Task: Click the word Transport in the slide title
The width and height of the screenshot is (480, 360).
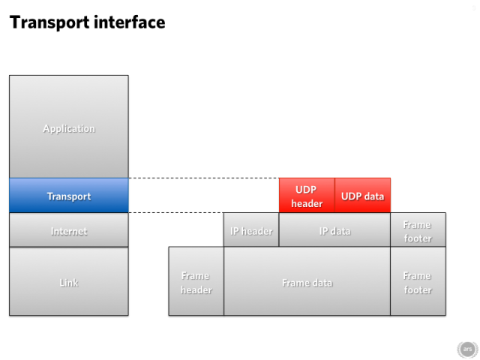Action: (x=49, y=22)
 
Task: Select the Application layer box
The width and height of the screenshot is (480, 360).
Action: (x=69, y=127)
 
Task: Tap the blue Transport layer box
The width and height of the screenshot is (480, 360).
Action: (x=69, y=195)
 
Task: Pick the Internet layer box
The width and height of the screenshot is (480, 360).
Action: (x=69, y=230)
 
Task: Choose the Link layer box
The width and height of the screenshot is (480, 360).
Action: (x=69, y=281)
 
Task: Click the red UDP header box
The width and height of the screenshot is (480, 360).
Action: (x=307, y=195)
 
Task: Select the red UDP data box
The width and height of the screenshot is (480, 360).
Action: (x=363, y=195)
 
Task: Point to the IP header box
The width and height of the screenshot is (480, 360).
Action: (x=251, y=229)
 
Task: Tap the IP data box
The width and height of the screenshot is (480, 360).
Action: (x=334, y=229)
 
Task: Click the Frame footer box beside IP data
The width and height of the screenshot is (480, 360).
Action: (x=418, y=229)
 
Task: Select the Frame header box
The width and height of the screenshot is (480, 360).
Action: (x=196, y=281)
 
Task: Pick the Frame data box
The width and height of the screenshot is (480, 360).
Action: (x=307, y=281)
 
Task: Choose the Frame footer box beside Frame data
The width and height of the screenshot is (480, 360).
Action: (x=418, y=281)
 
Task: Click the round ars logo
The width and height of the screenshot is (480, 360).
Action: (x=467, y=349)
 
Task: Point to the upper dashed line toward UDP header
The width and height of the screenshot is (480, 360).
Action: (x=204, y=178)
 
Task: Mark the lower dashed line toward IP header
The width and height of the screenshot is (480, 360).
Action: (x=176, y=212)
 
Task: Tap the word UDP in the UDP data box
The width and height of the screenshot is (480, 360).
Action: (x=349, y=196)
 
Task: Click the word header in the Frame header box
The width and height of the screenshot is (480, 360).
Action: (x=196, y=290)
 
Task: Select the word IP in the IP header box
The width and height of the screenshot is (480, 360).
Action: (x=235, y=232)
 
